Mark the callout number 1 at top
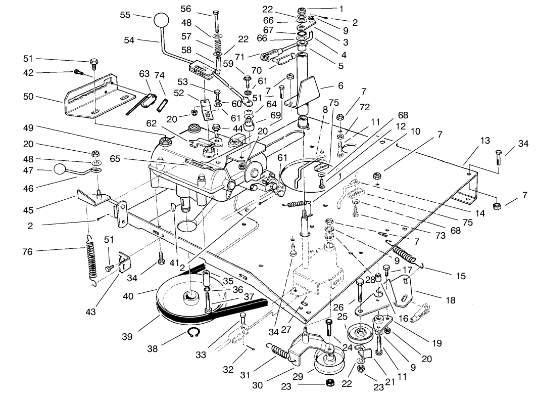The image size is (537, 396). (x=341, y=8)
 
